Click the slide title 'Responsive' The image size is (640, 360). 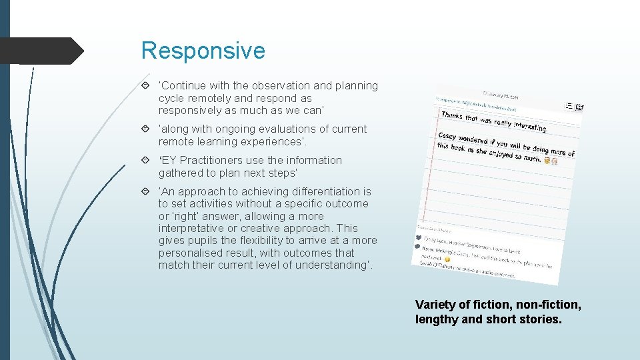[x=203, y=51]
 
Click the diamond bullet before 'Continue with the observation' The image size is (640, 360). [x=146, y=86]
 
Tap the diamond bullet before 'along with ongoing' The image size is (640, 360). [x=146, y=129]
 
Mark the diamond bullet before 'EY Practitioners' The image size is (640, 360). [x=146, y=161]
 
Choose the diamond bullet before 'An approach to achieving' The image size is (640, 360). [x=146, y=192]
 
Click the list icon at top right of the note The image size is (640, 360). [x=568, y=105]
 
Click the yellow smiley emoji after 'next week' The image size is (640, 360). [x=447, y=259]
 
